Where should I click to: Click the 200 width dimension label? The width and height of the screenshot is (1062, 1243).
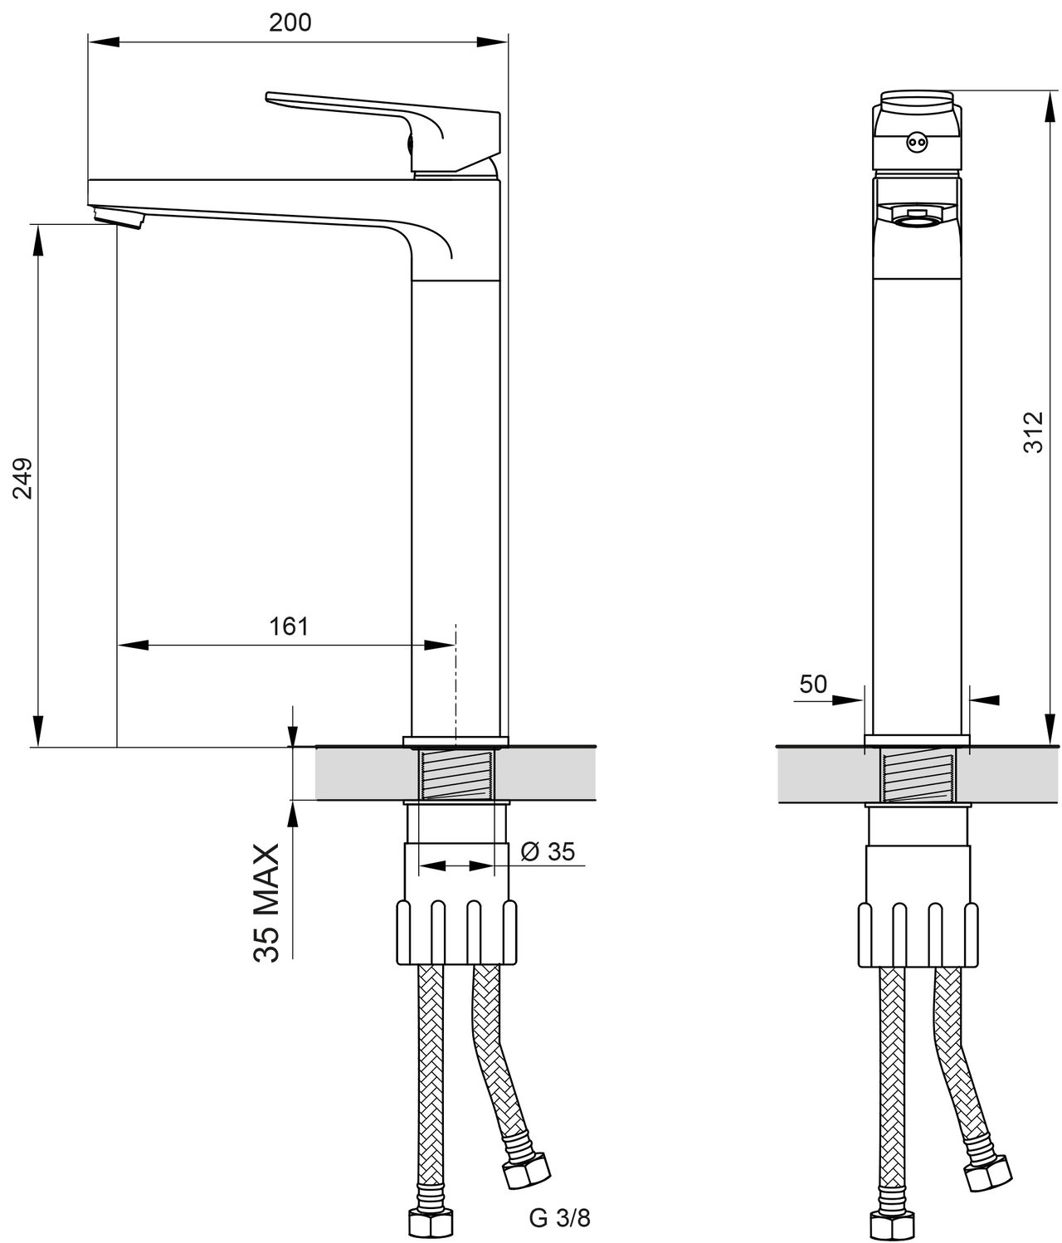[x=290, y=23]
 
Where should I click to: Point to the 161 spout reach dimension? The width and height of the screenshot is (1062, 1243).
[x=289, y=626]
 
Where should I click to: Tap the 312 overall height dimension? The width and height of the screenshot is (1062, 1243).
[x=1033, y=432]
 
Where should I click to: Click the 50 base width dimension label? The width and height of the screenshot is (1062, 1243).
[x=813, y=684]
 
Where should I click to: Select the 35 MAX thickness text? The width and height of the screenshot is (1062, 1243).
[x=266, y=903]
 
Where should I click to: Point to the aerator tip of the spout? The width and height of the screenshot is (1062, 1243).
[x=119, y=215]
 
